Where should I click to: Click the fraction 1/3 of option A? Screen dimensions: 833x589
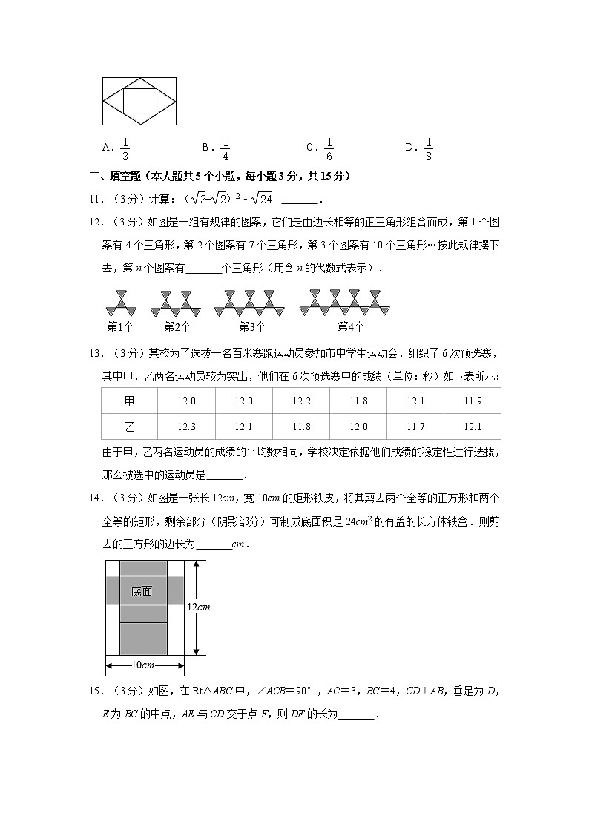[x=125, y=149]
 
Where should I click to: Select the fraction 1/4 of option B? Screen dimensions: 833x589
[x=226, y=149]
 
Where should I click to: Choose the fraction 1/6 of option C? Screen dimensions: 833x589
[x=329, y=149]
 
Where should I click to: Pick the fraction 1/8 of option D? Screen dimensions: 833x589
[x=429, y=149]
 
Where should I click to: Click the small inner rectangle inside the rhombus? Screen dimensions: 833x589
[x=139, y=100]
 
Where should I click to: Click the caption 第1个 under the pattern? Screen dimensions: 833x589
[x=120, y=326]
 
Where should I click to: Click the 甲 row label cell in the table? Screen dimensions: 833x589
[x=130, y=401]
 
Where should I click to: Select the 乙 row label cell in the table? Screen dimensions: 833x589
[x=130, y=427]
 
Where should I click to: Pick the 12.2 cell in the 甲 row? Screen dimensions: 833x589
[x=301, y=401]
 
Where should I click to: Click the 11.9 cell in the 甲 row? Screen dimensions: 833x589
[x=472, y=401]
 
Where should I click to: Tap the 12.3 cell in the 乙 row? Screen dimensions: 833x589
[x=187, y=427]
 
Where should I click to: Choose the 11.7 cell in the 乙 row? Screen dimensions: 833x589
[x=415, y=427]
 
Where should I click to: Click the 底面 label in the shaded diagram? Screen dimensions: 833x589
[x=142, y=591]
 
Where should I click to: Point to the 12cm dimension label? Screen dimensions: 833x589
[x=198, y=607]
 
